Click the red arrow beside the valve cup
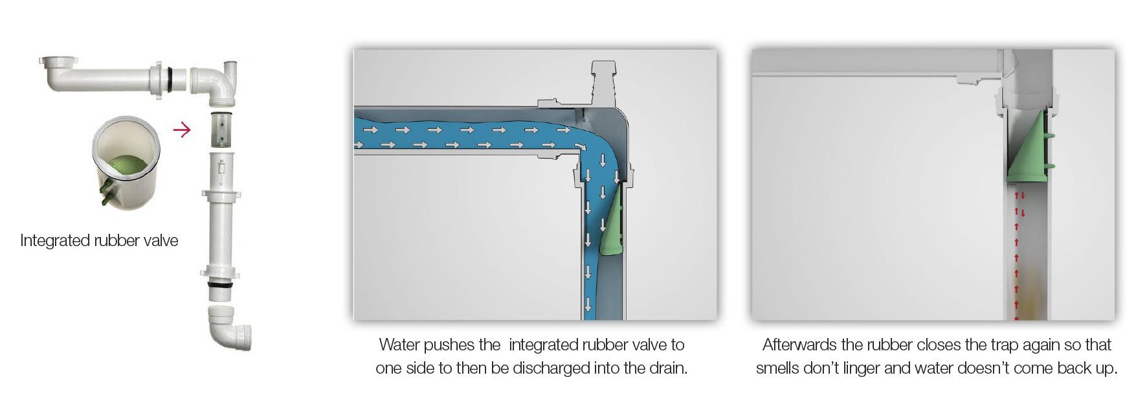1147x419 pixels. click(x=182, y=130)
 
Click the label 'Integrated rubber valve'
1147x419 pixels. click(x=99, y=240)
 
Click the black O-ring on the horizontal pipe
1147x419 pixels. click(x=170, y=77)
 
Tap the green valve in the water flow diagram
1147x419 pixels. click(x=610, y=220)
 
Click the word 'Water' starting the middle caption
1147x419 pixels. click(x=399, y=345)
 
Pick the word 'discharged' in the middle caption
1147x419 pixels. click(x=547, y=368)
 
